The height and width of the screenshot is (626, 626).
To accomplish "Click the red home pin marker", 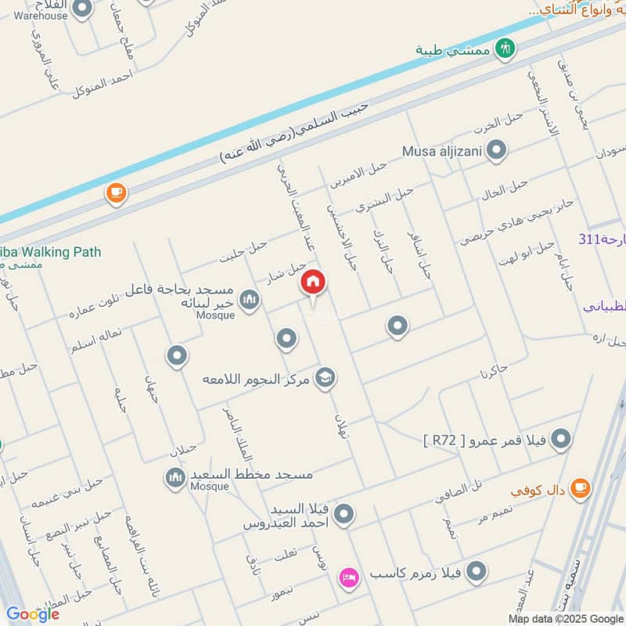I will (313, 282).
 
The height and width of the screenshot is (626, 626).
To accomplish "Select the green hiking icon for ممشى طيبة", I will (506, 48).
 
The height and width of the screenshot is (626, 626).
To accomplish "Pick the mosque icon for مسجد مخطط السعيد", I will (175, 476).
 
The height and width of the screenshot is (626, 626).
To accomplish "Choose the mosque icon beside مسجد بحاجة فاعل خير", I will (249, 300).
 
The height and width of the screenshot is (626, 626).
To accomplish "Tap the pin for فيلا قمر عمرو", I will (560, 441).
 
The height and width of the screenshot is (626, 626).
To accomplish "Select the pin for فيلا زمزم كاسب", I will (475, 573).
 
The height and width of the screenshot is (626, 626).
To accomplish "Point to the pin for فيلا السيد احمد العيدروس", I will (343, 514).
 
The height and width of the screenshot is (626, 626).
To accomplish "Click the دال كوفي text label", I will (538, 491).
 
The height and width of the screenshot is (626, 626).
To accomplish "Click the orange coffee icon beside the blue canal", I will (116, 192).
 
